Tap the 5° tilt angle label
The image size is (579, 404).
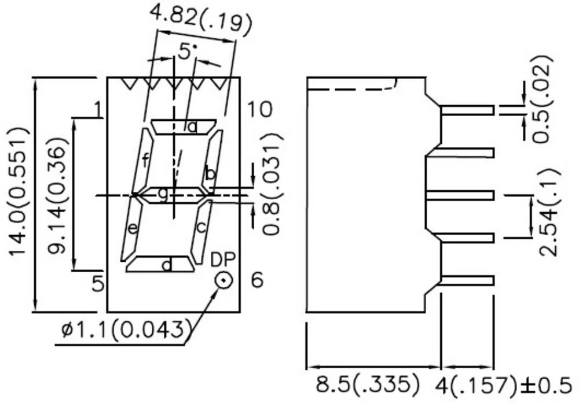click(x=184, y=52)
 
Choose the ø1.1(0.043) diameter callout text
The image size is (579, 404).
click(x=126, y=330)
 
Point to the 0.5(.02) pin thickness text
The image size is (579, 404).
click(x=543, y=98)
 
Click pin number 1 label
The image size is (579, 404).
click(x=98, y=109)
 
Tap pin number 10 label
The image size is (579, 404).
click(x=259, y=109)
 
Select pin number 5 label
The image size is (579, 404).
click(x=98, y=283)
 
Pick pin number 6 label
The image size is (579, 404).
click(x=257, y=280)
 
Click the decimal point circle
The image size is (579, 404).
click(x=223, y=280)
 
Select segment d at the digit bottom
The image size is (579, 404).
click(x=160, y=265)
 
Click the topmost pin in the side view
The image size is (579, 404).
click(x=467, y=110)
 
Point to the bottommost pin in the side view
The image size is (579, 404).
click(x=467, y=281)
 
